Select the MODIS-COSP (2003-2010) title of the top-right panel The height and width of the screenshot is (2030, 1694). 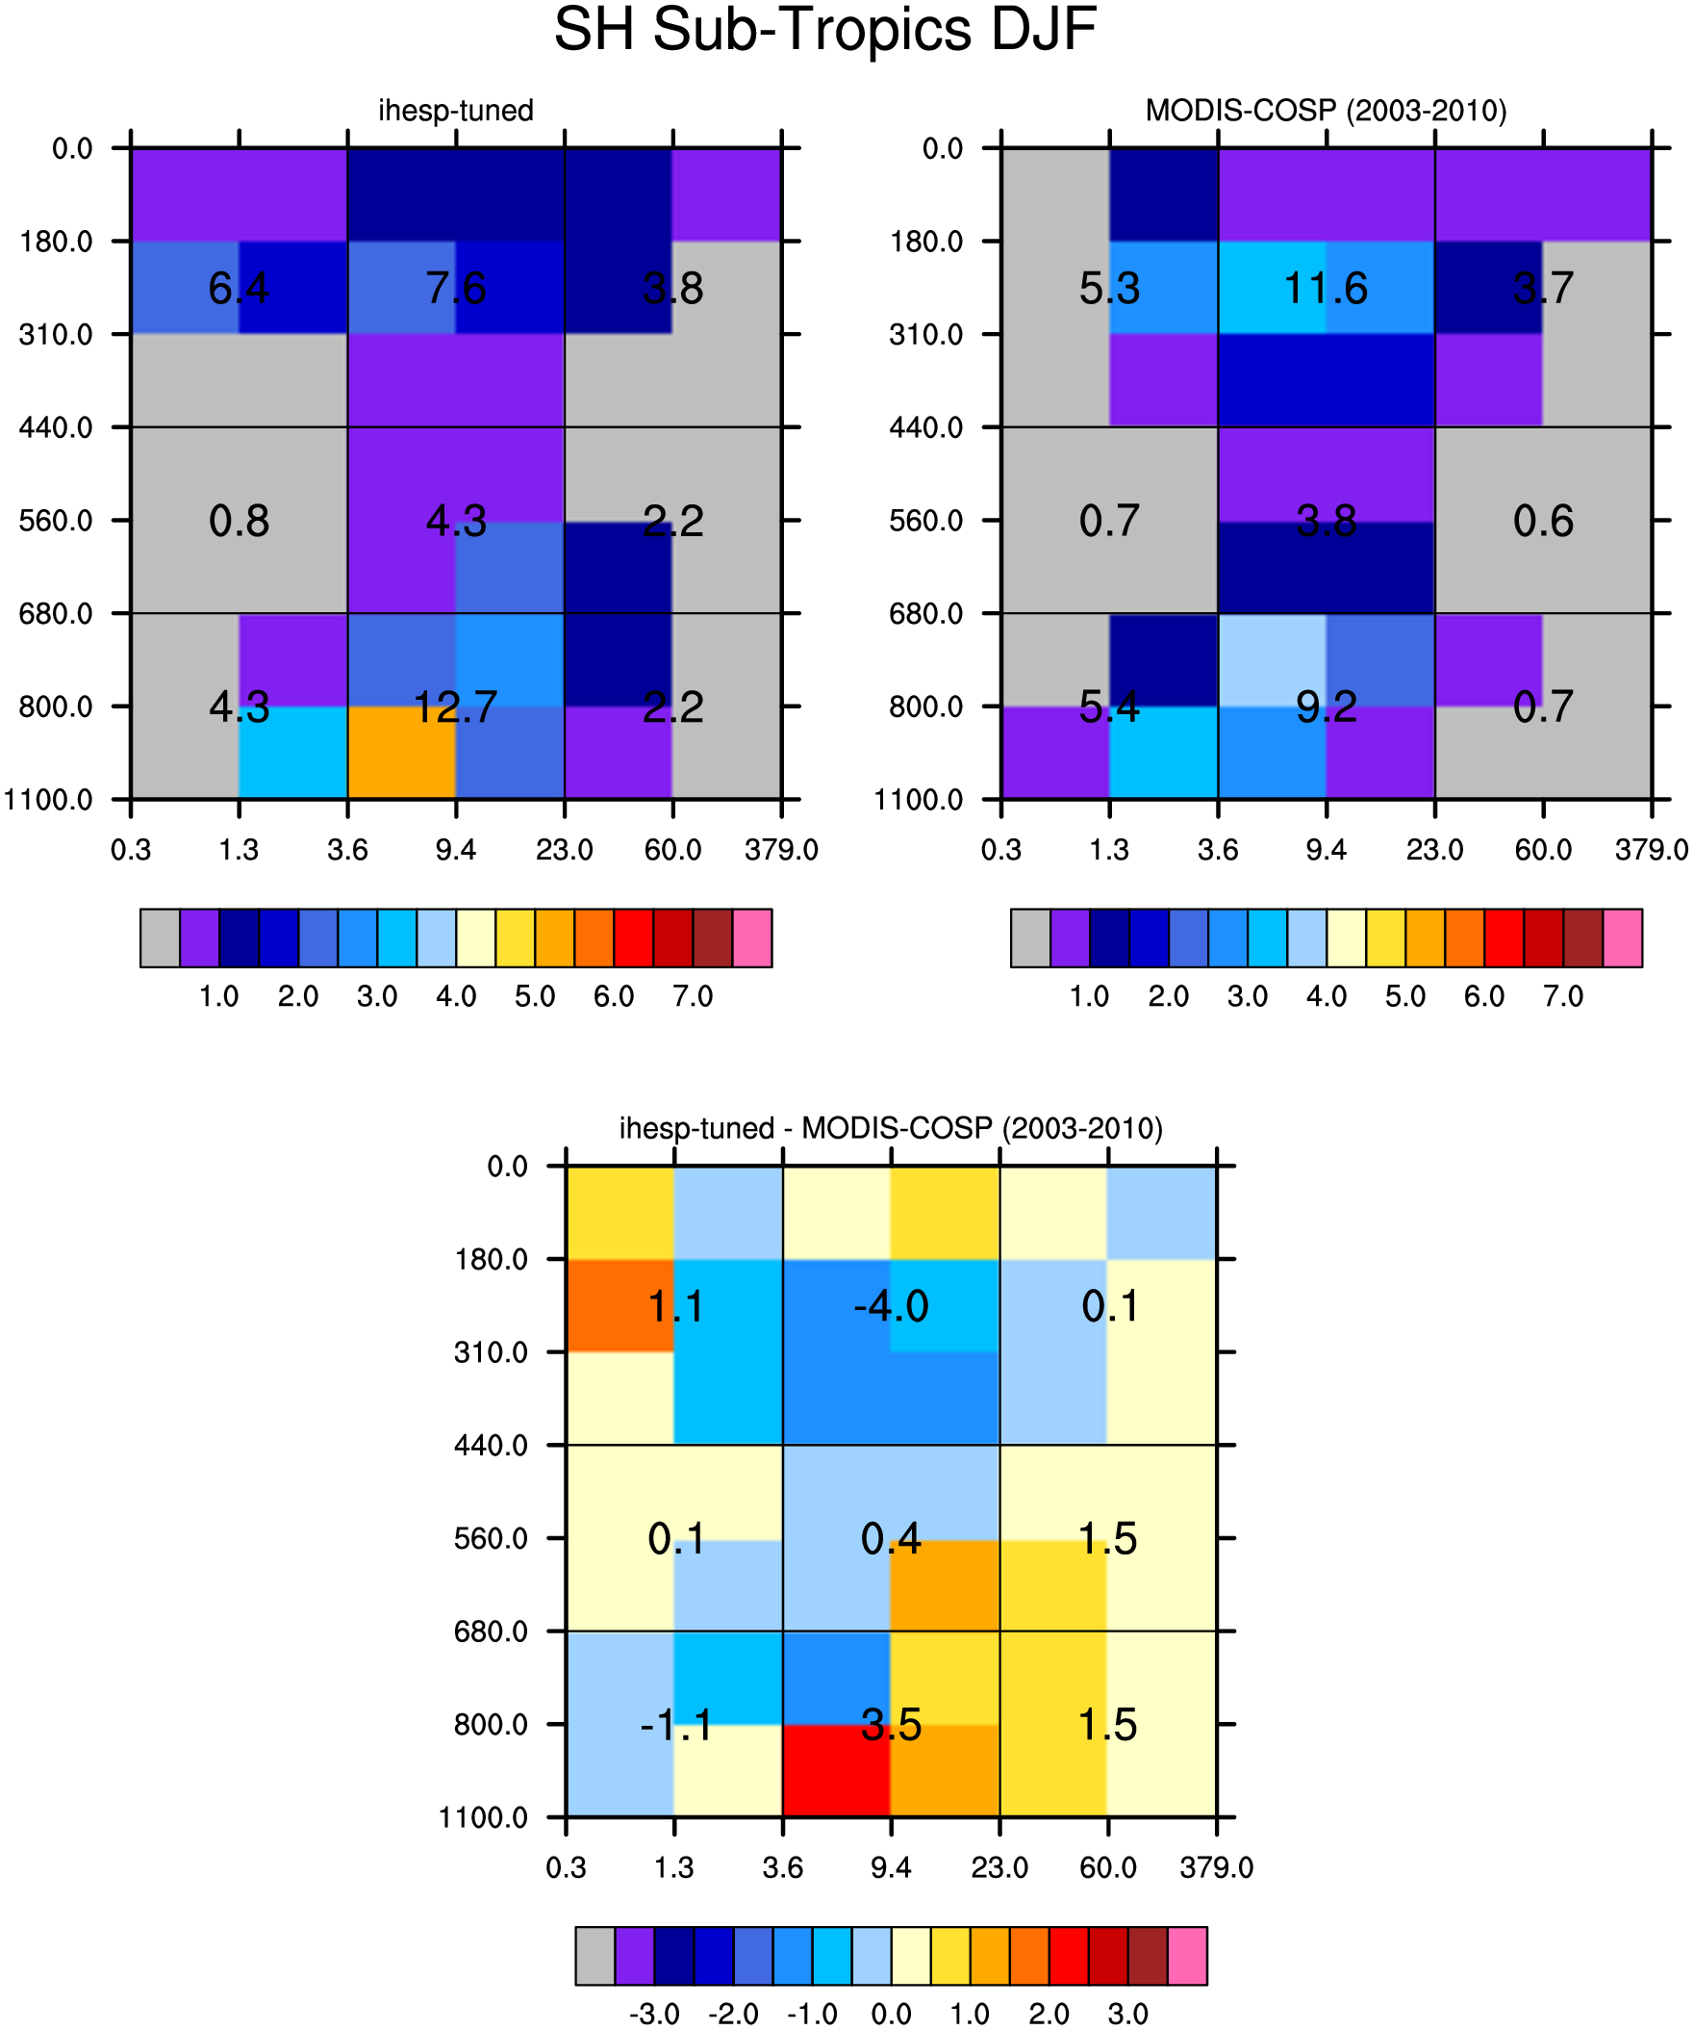(x=1326, y=110)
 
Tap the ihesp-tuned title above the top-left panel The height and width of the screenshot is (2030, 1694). (x=455, y=110)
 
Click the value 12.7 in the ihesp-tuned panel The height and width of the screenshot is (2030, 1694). (x=455, y=707)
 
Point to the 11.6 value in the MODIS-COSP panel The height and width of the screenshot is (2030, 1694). (x=1326, y=288)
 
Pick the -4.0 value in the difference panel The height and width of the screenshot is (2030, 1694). (x=891, y=1306)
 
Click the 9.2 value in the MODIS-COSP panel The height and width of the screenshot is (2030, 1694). (x=1326, y=707)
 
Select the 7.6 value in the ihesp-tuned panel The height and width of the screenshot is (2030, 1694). (x=455, y=288)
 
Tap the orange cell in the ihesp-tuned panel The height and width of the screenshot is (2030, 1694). (x=402, y=752)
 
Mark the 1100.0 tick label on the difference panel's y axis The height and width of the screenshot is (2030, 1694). (x=483, y=1817)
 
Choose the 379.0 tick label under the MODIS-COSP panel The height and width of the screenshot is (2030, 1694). (x=1652, y=850)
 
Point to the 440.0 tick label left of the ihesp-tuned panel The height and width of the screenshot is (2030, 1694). (x=56, y=427)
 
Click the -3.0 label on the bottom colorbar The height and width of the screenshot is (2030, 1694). (x=654, y=2014)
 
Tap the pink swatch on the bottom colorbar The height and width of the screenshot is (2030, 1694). (x=1188, y=1956)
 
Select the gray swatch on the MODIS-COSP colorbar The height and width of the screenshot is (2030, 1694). (x=1030, y=938)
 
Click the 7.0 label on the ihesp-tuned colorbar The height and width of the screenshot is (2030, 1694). (x=693, y=995)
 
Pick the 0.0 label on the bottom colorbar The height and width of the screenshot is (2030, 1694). (x=891, y=2014)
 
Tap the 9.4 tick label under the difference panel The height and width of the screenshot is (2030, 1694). (x=891, y=1867)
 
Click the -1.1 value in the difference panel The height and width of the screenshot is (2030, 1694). (x=676, y=1725)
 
